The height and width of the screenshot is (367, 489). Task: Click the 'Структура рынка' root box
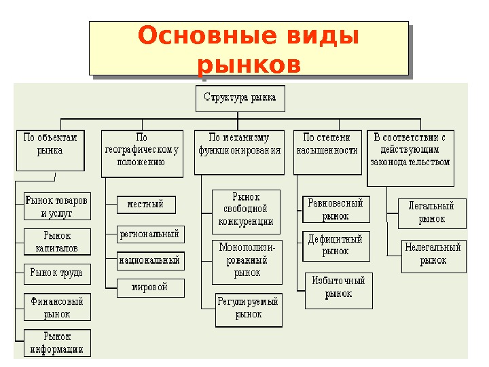coord(240,98)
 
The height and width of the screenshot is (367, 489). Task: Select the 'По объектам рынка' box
coord(50,150)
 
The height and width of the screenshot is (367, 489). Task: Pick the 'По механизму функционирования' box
coord(240,150)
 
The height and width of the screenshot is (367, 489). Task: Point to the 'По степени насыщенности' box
coord(327,150)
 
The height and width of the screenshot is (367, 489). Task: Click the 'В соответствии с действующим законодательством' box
coord(410,156)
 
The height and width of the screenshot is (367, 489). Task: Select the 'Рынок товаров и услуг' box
coord(56,207)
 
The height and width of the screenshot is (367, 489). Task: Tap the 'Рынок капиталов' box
coord(56,241)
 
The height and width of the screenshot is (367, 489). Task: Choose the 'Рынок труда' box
coord(56,273)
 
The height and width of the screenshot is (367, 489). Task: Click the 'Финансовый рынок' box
coord(57,307)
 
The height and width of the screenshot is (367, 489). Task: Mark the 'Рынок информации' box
coord(57,343)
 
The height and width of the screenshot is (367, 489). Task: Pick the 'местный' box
coord(145,204)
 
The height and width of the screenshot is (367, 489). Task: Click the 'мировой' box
coord(150,287)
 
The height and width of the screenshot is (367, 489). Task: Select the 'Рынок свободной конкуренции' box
coord(246,209)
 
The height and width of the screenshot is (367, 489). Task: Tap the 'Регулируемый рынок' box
coord(248,308)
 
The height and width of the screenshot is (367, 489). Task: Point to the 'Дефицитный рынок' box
coord(336,245)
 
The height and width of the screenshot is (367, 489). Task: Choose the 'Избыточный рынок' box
coord(338,287)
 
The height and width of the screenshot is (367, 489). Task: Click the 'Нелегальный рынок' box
coord(433,254)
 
